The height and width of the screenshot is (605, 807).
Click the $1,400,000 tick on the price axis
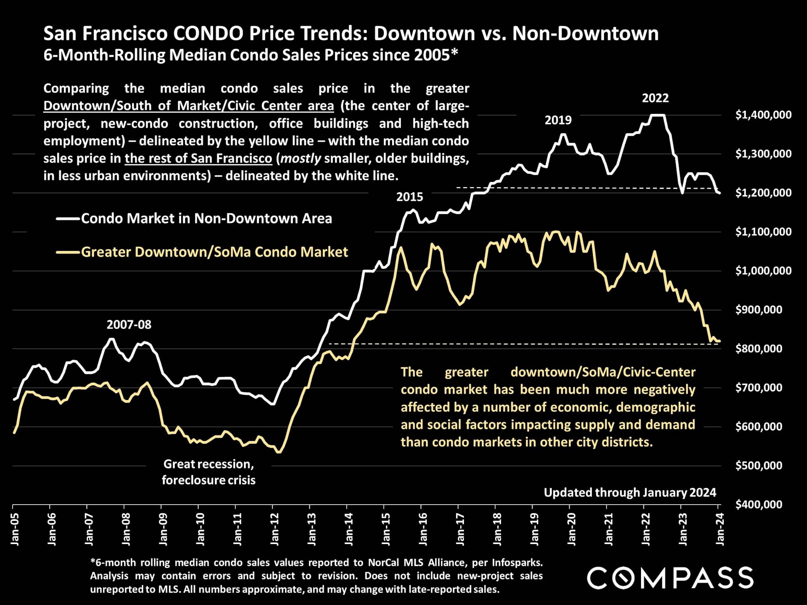pos(763,115)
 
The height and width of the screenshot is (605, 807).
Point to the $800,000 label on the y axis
pos(759,348)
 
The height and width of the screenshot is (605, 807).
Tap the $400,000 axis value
pos(759,504)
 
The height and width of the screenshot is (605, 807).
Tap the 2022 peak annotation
pos(655,98)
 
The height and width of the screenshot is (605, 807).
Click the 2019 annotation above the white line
pos(558,120)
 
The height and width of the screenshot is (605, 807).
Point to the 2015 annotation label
pos(410,197)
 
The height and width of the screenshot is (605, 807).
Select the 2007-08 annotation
pos(129,324)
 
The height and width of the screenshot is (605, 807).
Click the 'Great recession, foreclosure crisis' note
pos(208,472)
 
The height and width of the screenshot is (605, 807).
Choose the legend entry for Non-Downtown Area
pos(206,218)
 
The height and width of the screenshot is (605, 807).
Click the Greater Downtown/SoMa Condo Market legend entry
pos(214,252)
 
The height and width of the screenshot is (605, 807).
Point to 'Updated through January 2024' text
pos(630,492)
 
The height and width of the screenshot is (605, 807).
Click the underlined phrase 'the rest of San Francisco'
pos(198,158)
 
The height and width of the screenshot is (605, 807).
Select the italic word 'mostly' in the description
pos(301,158)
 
